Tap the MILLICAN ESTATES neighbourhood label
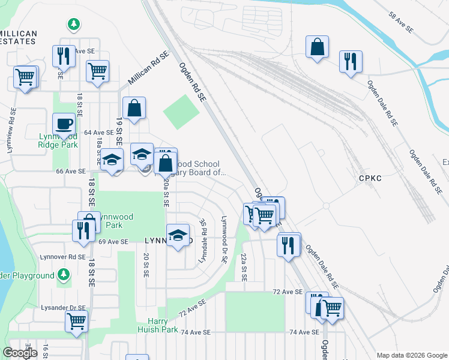pos(18,38)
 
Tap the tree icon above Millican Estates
pos(74,25)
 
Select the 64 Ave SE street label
pos(98,132)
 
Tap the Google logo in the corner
pos(20,353)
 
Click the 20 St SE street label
pos(145,265)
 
